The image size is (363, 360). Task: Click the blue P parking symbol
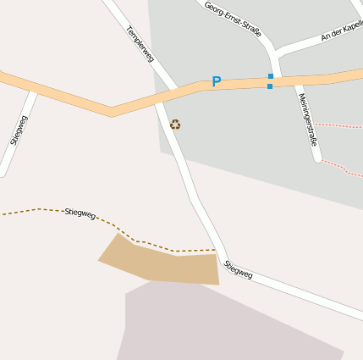pyautogui.click(x=216, y=82)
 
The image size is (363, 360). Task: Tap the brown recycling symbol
pyautogui.click(x=175, y=125)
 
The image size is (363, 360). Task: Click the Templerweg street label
pyautogui.click(x=140, y=44)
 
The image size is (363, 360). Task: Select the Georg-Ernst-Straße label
pyautogui.click(x=234, y=19)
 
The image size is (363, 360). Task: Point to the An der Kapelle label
pyautogui.click(x=342, y=32)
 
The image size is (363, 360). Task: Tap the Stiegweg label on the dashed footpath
pyautogui.click(x=80, y=213)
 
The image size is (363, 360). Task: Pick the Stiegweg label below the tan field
pyautogui.click(x=239, y=269)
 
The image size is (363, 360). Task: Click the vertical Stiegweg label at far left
pyautogui.click(x=19, y=130)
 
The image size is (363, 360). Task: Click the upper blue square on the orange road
pyautogui.click(x=271, y=76)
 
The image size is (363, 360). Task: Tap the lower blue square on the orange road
pyautogui.click(x=271, y=86)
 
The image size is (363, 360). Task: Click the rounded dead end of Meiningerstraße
pyautogui.click(x=317, y=158)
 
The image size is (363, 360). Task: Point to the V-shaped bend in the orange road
pyautogui.click(x=111, y=111)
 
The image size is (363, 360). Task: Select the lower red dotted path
pyautogui.click(x=343, y=166)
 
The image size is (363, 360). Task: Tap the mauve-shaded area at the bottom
pyautogui.click(x=220, y=326)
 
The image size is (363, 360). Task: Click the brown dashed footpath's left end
pyautogui.click(x=3, y=214)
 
